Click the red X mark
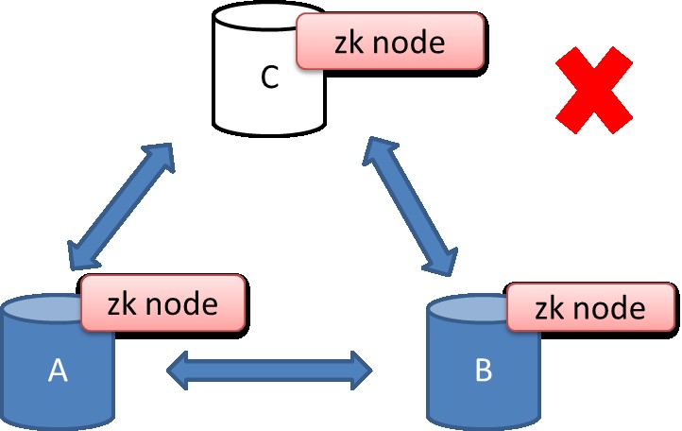pyautogui.click(x=592, y=91)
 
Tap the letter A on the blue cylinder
pyautogui.click(x=58, y=371)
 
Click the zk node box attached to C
pyautogui.click(x=391, y=43)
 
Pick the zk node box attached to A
pyautogui.click(x=164, y=304)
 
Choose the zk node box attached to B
pyautogui.click(x=591, y=308)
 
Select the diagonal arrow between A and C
pyautogui.click(x=121, y=206)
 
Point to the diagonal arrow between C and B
pyautogui.click(x=413, y=201)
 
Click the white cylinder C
pyautogui.click(x=255, y=95)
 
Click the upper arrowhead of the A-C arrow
pyautogui.click(x=161, y=156)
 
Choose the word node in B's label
pyautogui.click(x=614, y=308)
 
